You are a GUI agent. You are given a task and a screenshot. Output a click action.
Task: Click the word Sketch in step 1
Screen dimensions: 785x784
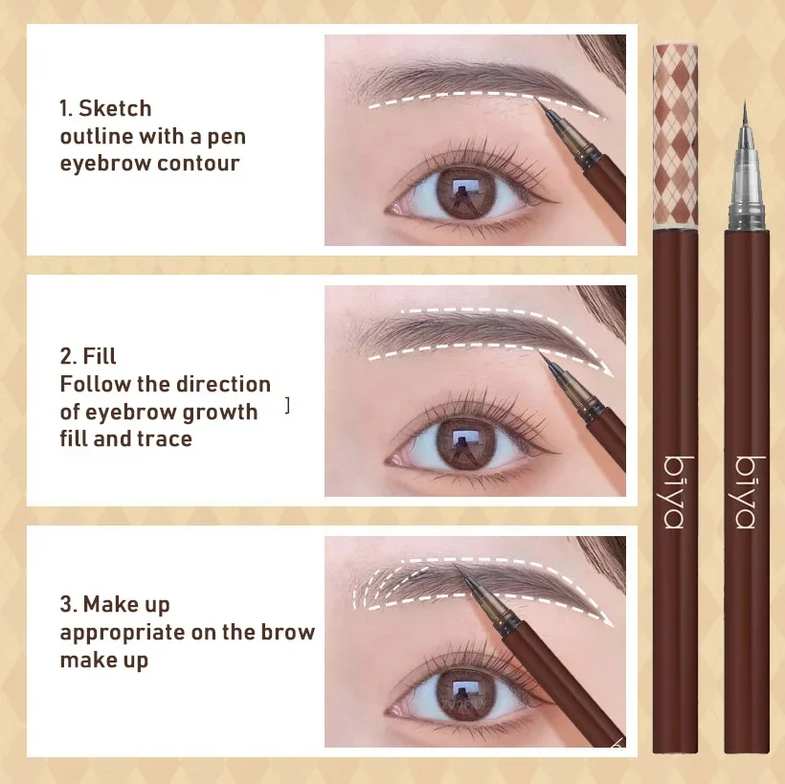click(x=115, y=108)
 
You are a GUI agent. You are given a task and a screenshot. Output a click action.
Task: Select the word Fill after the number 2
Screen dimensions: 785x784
click(x=100, y=356)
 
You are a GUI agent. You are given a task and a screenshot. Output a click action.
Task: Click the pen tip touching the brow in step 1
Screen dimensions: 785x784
click(x=537, y=100)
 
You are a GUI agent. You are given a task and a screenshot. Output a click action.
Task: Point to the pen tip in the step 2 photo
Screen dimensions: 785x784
click(x=541, y=352)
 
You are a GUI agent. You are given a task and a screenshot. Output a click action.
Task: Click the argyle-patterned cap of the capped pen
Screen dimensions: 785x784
click(x=676, y=136)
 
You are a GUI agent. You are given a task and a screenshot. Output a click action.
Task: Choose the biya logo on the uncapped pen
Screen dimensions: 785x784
click(x=747, y=492)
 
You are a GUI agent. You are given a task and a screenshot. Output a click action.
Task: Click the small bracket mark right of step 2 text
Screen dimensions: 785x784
click(x=287, y=406)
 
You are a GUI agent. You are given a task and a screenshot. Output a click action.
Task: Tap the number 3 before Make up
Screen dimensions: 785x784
click(x=66, y=604)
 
